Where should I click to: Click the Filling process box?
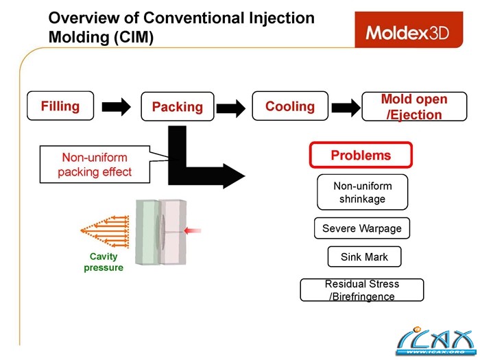point(60,106)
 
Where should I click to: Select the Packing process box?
point(177,106)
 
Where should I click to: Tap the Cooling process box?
point(290,106)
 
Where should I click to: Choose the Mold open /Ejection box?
point(414,106)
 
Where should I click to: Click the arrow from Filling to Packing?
point(116,106)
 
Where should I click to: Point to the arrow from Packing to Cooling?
point(230,107)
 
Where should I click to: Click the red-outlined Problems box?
point(361,155)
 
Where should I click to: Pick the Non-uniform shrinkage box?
point(362,192)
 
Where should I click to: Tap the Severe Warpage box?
point(362,228)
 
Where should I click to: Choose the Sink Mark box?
point(364,257)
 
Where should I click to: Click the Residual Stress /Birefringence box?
point(362,290)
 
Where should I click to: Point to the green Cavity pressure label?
point(104,262)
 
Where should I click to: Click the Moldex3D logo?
point(407,32)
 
